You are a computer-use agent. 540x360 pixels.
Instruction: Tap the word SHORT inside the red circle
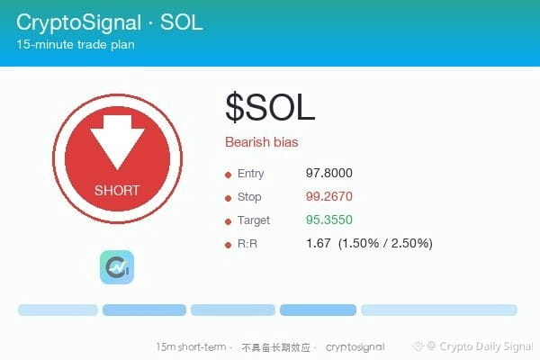[x=117, y=190]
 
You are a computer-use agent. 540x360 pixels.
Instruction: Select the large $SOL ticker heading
[x=270, y=107]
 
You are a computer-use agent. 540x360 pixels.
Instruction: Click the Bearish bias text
[x=261, y=142]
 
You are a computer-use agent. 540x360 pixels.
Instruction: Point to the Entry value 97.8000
[x=328, y=173]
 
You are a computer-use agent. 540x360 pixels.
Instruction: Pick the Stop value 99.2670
[x=328, y=196]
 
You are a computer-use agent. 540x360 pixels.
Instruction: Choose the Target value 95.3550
[x=328, y=220]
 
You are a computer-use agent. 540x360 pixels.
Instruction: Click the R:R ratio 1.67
[x=319, y=243]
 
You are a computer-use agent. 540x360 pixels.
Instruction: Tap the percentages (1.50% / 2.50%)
[x=385, y=243]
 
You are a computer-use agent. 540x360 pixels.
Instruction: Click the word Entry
[x=251, y=174]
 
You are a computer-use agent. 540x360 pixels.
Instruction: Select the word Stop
[x=249, y=197]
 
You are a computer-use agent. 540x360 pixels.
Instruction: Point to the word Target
[x=254, y=220]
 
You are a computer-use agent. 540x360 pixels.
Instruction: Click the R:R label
[x=247, y=244]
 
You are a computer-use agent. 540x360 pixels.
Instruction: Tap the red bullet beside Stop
[x=228, y=198]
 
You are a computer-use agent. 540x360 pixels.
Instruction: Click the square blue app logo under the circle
[x=117, y=267]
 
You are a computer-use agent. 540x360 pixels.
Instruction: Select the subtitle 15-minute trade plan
[x=76, y=44]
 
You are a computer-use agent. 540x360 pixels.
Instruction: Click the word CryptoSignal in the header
[x=79, y=22]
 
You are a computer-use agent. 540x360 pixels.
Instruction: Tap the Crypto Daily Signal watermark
[x=472, y=346]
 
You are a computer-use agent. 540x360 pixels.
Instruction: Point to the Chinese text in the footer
[x=276, y=347]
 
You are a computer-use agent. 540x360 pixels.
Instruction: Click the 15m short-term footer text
[x=191, y=346]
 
